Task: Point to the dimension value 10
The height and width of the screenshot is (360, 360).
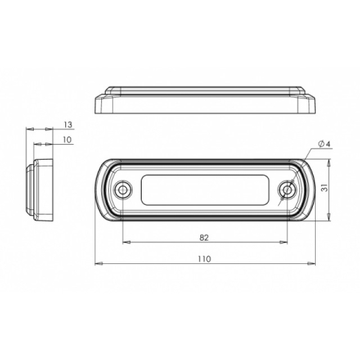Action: tap(67, 139)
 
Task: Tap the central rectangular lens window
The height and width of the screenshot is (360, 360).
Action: tap(204, 190)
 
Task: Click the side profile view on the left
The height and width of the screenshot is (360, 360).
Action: tap(40, 190)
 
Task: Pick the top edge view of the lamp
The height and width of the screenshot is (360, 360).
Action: tap(205, 100)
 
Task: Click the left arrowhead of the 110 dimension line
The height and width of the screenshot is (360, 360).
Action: tap(98, 264)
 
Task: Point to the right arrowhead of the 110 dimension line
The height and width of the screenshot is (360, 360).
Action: tap(311, 264)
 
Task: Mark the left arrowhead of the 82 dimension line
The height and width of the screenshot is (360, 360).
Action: tap(124, 242)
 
